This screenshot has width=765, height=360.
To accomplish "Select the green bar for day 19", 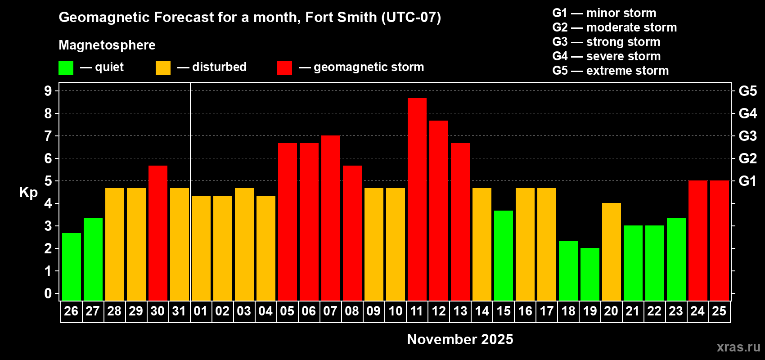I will pos(589,274).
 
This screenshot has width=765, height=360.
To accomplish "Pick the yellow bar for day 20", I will pos(611,252).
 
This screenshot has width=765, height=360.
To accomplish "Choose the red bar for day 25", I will pos(719,240).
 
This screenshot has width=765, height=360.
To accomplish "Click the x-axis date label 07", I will pos(330,311).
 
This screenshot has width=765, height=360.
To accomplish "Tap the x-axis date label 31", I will pos(179,311).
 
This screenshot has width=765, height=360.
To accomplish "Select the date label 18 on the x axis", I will pos(568,311).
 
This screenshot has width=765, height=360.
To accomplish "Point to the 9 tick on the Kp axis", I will pos(48,91).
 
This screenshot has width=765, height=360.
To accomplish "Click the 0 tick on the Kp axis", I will pos(48,294).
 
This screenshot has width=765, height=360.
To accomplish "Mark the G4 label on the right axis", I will pos(747,113).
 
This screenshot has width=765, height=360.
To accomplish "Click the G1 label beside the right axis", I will pos(747,181).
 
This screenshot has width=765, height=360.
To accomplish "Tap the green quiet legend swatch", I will pos(66,68).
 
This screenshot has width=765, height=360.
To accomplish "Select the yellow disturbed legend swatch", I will pos(163,68).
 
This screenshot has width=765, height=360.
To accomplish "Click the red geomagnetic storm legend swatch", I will pos(284,68).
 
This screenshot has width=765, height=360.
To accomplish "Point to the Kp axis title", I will pos(28,192).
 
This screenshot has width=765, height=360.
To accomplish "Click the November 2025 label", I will pos(460,339).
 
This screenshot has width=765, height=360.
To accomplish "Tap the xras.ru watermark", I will pos(738,347).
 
